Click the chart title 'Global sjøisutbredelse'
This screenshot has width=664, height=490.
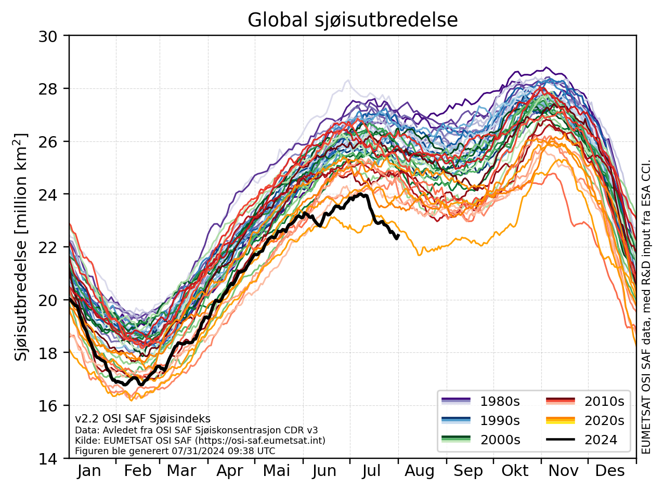click(x=352, y=20)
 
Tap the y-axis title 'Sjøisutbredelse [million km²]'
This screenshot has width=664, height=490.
click(x=21, y=247)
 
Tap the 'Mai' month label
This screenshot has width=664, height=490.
click(x=277, y=471)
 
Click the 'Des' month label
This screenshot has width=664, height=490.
click(x=610, y=471)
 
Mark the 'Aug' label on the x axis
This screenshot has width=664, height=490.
click(x=420, y=471)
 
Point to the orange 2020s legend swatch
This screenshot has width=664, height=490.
click(x=561, y=420)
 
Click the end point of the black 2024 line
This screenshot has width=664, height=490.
click(x=398, y=236)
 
